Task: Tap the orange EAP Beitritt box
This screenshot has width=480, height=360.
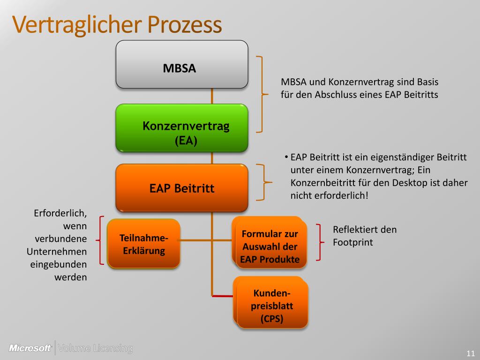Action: [x=182, y=188]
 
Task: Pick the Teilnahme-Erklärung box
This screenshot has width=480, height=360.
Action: [x=143, y=244]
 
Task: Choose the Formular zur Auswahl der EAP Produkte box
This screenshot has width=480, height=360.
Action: [x=270, y=247]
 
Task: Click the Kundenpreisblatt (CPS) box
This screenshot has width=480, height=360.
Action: [x=272, y=306]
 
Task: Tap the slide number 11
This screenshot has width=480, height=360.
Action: [x=471, y=353]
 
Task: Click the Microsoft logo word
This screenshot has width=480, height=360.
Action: [x=30, y=348]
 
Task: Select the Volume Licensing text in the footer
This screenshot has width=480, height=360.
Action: [x=95, y=348]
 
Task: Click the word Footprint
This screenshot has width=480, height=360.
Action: [x=353, y=242]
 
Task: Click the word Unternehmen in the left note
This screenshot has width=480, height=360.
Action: [x=57, y=251]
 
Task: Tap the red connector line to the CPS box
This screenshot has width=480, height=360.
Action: [x=223, y=296]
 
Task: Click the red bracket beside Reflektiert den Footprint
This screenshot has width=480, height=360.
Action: [x=320, y=242]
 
